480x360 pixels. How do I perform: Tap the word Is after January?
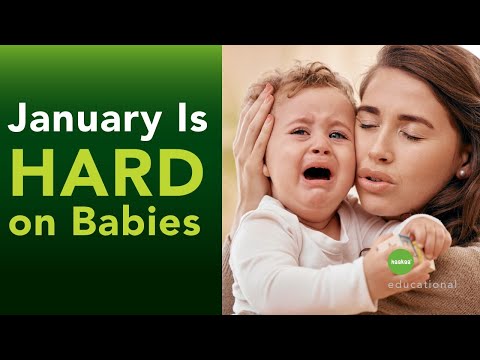188,121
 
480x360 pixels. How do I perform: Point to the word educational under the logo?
424,284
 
